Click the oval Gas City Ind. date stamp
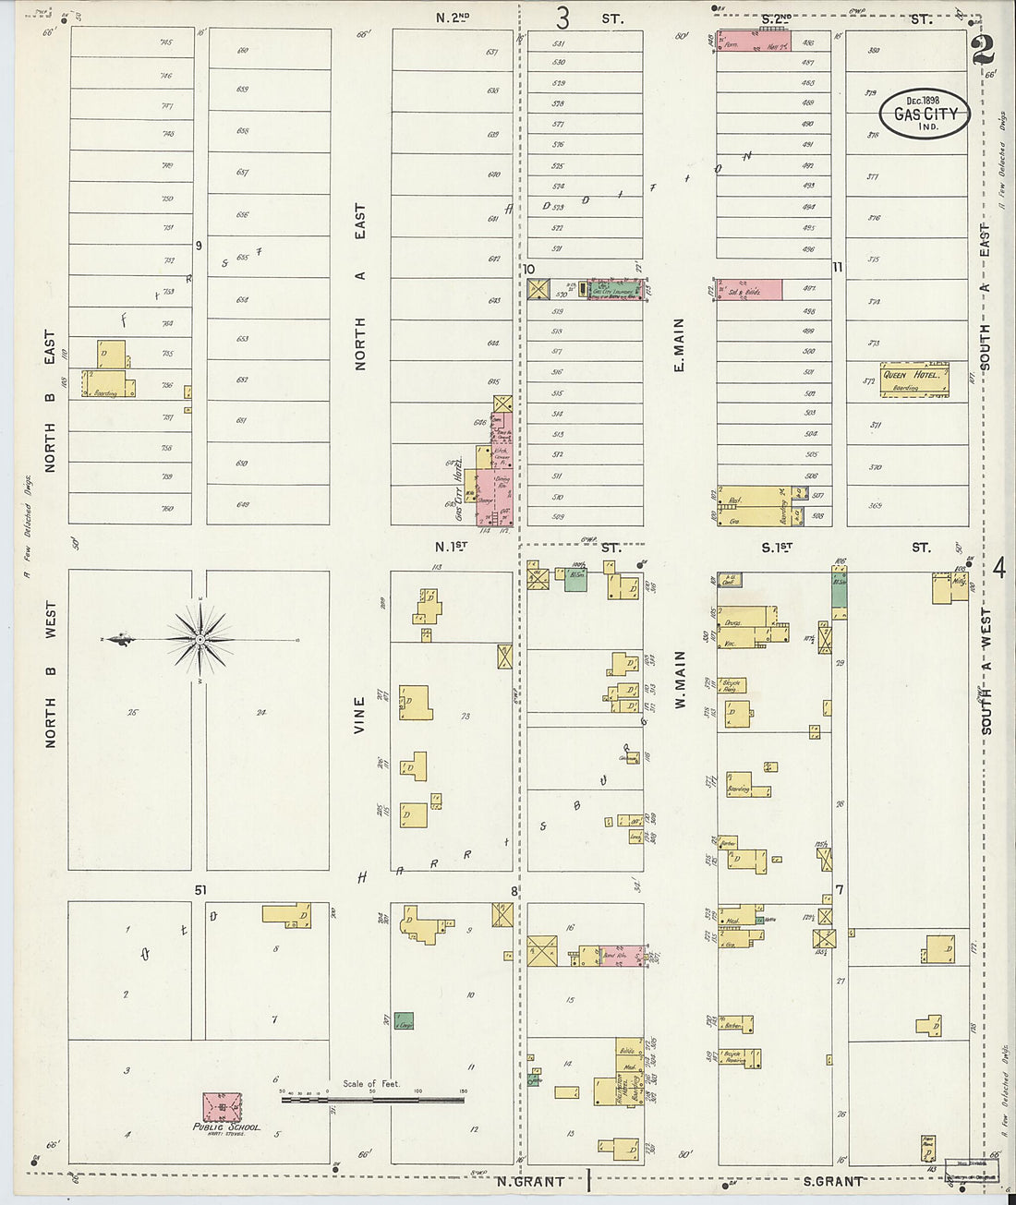pyautogui.click(x=925, y=114)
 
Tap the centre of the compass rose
pyautogui.click(x=200, y=639)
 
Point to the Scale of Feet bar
pyautogui.click(x=372, y=1099)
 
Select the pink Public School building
pyautogui.click(x=223, y=1106)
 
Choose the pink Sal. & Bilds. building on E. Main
pyautogui.click(x=749, y=290)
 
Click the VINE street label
pyautogui.click(x=360, y=716)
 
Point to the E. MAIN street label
pyautogui.click(x=679, y=345)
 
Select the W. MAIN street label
pyautogui.click(x=681, y=679)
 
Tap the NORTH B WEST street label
pyautogui.click(x=51, y=674)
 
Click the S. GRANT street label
pyautogui.click(x=832, y=1181)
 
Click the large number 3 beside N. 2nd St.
pyautogui.click(x=562, y=18)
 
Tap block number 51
pyautogui.click(x=200, y=889)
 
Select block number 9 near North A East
pyautogui.click(x=198, y=245)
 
